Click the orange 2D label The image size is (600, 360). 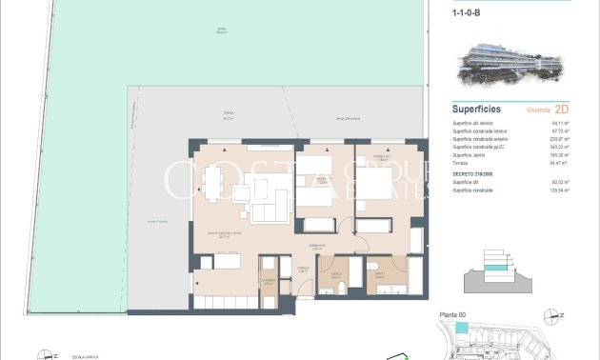tap(561, 110)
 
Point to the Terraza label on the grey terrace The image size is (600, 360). tap(203, 114)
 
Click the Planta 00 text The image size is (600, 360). tap(451, 313)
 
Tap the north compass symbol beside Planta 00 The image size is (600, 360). tap(549, 313)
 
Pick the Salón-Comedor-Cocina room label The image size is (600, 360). tap(226, 234)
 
